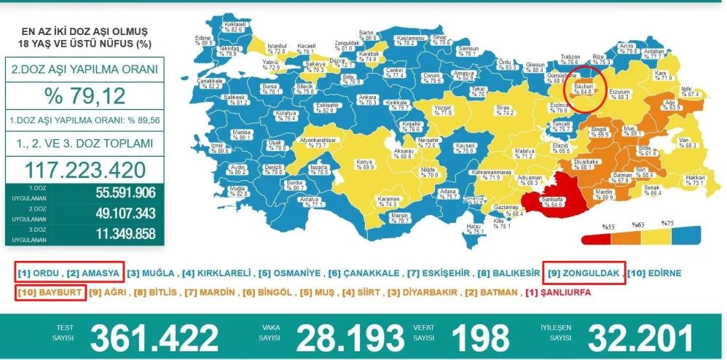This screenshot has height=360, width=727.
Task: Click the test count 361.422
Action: click(154, 337)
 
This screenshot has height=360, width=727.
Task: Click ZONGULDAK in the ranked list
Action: click(590, 273)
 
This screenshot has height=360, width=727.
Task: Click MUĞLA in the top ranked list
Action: click(159, 273)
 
